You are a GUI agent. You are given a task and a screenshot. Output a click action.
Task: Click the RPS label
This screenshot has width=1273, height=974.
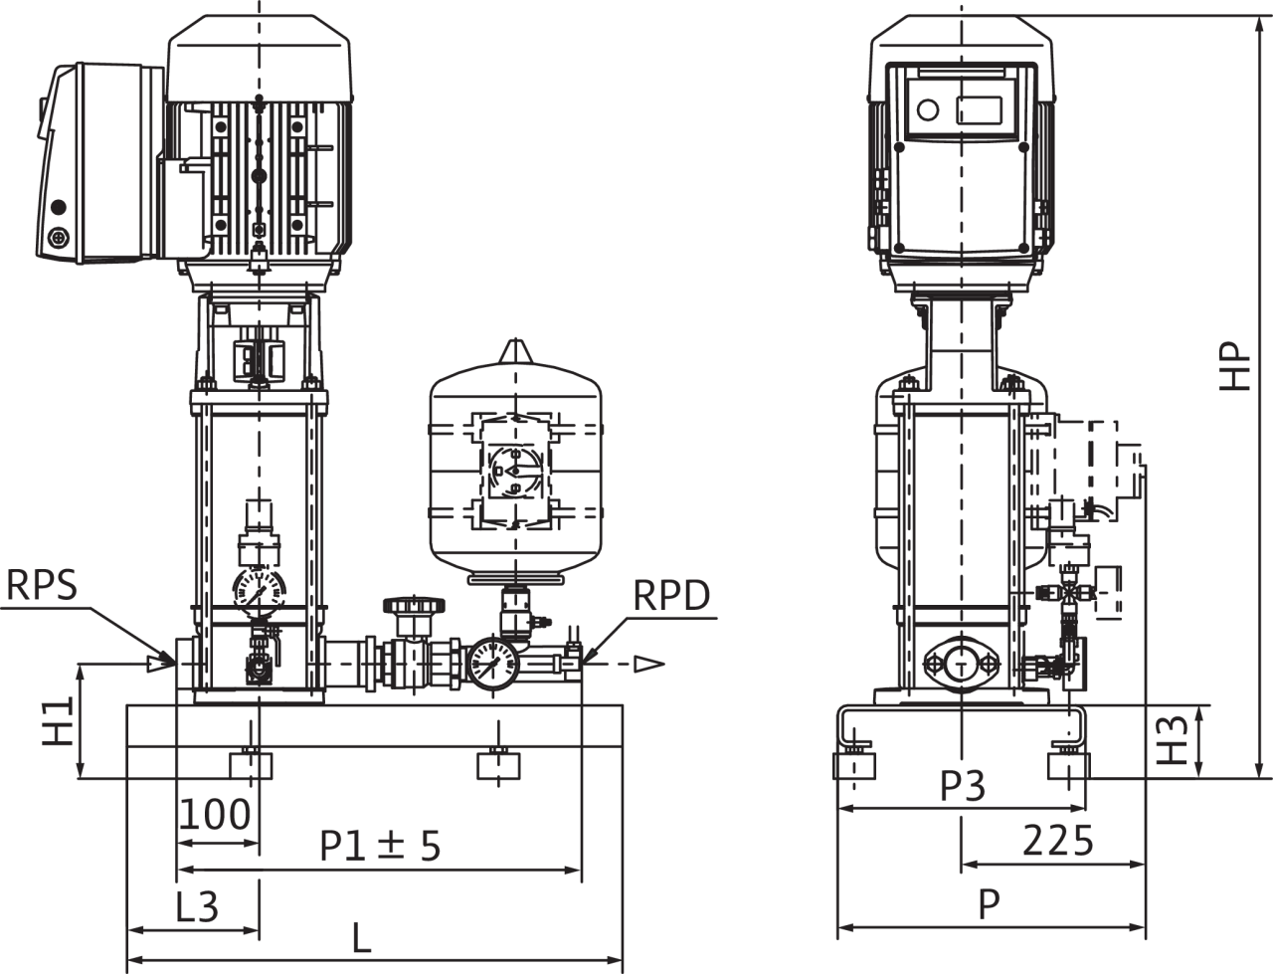point(41,585)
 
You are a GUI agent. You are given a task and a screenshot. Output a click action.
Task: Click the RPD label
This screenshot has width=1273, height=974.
point(671,595)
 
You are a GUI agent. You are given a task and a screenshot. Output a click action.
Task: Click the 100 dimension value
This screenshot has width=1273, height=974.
point(215,815)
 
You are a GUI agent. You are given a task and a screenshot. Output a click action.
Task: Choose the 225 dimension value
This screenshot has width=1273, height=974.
point(1057,841)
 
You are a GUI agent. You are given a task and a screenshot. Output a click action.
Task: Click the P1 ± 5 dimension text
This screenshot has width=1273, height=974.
point(381,847)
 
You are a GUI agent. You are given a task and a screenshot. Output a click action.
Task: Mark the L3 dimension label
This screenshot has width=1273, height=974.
point(197,906)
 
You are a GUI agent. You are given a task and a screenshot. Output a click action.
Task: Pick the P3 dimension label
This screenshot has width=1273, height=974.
point(963,786)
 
